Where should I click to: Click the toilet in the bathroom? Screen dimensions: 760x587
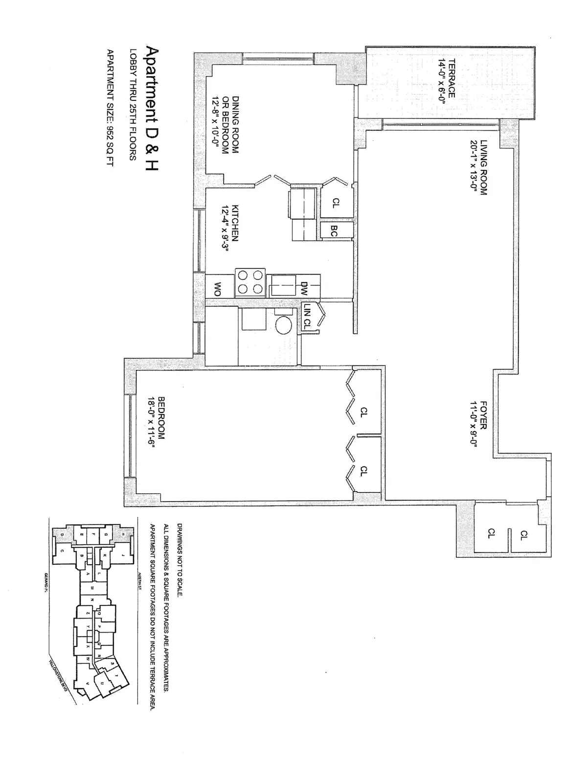283,323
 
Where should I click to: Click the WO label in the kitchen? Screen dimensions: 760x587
214,289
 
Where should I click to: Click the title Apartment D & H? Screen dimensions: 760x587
152,109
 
